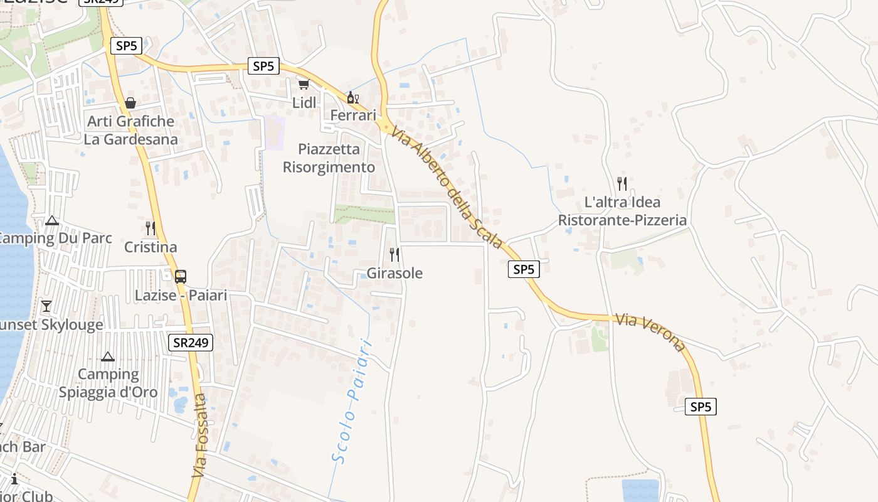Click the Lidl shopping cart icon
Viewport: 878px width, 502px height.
point(304,84)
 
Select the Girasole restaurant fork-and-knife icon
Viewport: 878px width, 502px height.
point(394,254)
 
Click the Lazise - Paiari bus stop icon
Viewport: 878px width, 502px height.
point(181,276)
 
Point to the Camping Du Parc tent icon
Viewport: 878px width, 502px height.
point(52,220)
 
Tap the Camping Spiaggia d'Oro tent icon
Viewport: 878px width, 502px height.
point(108,356)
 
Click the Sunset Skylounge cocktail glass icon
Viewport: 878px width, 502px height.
point(46,306)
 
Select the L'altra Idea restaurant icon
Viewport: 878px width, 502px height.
point(622,183)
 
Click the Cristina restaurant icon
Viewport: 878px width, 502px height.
point(151,228)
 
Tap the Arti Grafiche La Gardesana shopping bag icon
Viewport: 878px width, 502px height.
point(130,102)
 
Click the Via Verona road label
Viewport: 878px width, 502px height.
point(650,332)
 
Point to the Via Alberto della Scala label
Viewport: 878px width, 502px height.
point(447,186)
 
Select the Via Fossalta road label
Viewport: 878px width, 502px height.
point(199,435)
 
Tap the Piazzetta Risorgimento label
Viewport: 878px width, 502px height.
point(329,158)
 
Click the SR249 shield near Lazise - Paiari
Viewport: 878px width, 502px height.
point(191,342)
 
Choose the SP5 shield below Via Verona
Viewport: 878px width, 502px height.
point(701,407)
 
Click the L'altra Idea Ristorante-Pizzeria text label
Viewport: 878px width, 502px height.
point(622,211)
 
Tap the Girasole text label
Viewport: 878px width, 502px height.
point(394,273)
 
